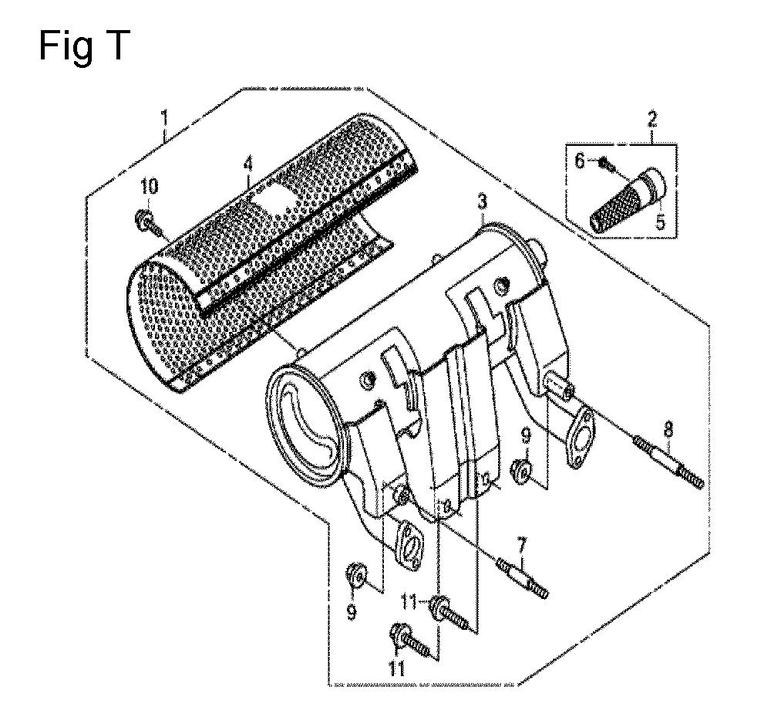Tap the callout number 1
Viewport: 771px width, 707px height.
coord(165,119)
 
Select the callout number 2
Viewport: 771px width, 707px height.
coord(652,119)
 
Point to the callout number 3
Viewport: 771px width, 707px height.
coord(483,203)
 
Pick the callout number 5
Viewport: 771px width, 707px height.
coord(660,222)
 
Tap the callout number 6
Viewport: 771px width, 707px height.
coord(581,161)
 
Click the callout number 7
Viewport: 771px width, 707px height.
coord(521,546)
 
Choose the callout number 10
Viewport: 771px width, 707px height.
coord(150,187)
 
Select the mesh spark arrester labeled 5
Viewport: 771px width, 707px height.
coord(628,202)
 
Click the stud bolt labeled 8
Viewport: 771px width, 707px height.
coord(668,460)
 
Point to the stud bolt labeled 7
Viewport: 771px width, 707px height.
coord(524,579)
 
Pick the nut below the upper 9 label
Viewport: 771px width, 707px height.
coord(520,469)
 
